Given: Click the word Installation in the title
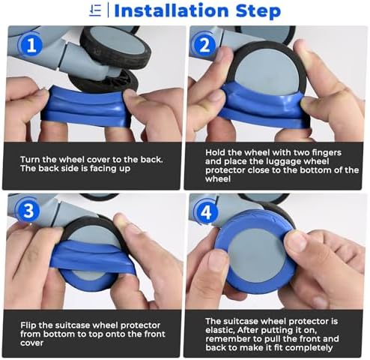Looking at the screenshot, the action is (172, 10).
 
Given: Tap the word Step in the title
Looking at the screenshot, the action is (258, 11).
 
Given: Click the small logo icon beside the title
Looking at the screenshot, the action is (95, 10).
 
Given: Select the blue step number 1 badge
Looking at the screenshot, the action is (31, 45).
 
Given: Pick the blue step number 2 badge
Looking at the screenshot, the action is (204, 45).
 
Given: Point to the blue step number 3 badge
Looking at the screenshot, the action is (28, 210).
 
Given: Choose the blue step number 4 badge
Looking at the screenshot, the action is (206, 213).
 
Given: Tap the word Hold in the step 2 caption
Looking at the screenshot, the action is (215, 152).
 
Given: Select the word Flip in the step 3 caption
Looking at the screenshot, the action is (28, 325).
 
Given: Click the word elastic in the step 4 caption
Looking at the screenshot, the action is (220, 330).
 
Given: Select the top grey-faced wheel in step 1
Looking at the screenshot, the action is (115, 46).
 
